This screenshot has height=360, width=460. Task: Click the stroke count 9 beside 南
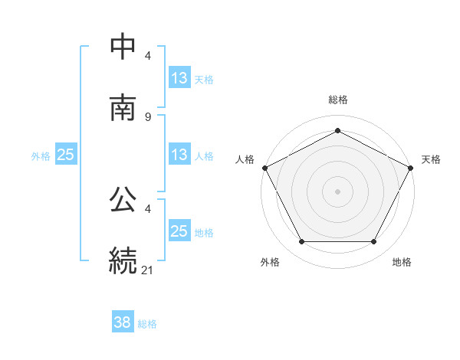(148, 116)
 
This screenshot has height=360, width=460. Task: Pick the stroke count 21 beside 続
(149, 269)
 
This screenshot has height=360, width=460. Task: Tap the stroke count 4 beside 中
(148, 57)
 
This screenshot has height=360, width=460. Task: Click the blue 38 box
(122, 323)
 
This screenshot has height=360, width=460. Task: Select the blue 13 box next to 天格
(179, 78)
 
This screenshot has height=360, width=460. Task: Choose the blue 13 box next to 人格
(179, 155)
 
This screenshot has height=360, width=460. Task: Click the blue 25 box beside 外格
(65, 155)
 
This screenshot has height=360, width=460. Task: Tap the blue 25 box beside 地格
(179, 231)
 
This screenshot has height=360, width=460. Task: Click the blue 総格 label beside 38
(147, 324)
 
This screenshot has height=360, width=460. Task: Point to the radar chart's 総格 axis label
(337, 100)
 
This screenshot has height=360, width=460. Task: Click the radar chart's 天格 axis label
(431, 159)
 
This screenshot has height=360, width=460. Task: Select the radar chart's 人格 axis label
(245, 159)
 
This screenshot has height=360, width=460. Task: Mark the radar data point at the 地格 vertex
(374, 242)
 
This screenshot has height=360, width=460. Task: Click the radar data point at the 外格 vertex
(301, 242)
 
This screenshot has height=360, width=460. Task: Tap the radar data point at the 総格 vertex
(337, 130)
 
